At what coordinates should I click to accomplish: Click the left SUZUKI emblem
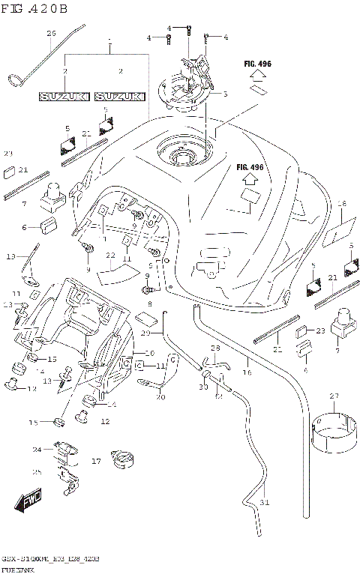coord(64,97)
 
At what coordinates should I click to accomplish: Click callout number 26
coord(51,34)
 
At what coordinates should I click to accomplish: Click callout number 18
coord(341,204)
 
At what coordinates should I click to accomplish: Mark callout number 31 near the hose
coord(262,502)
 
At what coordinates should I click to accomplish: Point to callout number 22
coord(110,256)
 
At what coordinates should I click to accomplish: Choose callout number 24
coord(37,450)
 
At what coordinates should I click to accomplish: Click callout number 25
coord(37,472)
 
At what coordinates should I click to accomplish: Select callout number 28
coord(214,348)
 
